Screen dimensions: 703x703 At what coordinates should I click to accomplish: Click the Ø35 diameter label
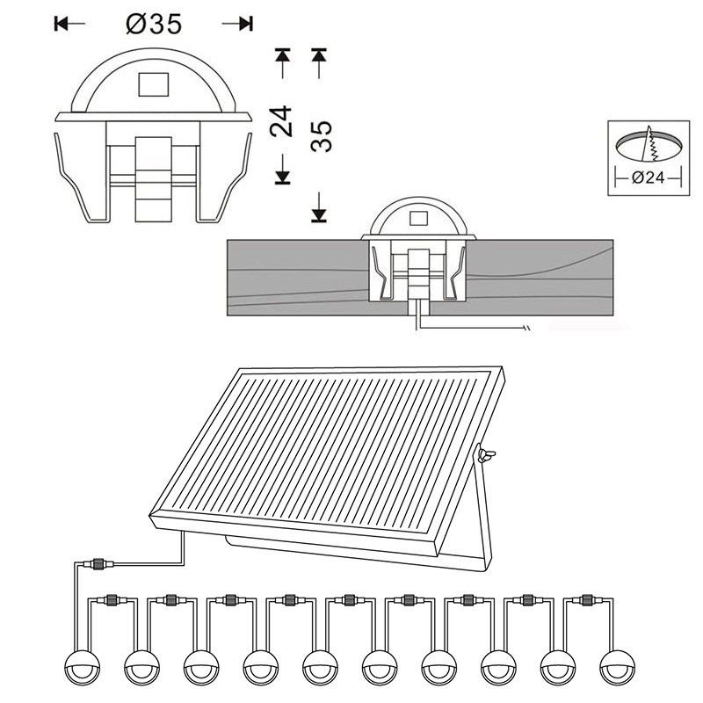pos(154,24)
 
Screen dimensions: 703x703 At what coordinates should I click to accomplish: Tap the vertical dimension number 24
pos(280,121)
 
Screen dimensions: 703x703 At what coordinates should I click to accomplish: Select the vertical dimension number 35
pos(321,136)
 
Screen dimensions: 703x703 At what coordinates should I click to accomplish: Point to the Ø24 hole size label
pos(648,178)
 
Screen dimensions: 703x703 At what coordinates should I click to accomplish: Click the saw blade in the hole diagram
pos(650,143)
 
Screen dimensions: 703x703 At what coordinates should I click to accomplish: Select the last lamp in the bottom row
pos(618,667)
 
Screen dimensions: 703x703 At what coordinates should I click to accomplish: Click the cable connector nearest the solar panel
pos(98,563)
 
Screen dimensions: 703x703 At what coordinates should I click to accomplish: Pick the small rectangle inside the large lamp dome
pos(153,84)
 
